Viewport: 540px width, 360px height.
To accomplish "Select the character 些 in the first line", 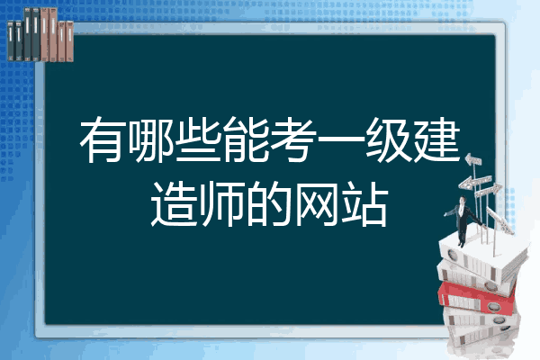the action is [x=199, y=139].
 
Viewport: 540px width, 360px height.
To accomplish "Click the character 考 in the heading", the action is [x=293, y=139].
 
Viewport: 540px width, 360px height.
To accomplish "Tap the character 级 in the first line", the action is [x=389, y=139].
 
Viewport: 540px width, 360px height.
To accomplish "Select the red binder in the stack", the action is [x=477, y=296].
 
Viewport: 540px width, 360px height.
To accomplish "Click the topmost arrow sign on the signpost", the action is [x=473, y=160].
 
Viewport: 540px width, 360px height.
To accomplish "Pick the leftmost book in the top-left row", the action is [x=11, y=40].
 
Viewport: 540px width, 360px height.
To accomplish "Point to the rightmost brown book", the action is [x=69, y=41].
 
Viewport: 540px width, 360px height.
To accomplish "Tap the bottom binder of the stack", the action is [x=482, y=336].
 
